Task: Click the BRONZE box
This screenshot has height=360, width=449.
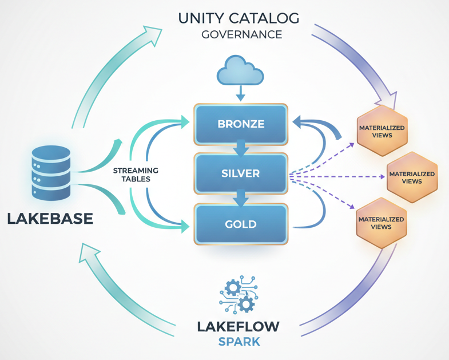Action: coord(240,124)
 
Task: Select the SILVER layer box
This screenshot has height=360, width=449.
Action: coord(240,172)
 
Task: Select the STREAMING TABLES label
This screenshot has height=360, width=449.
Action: coord(136,175)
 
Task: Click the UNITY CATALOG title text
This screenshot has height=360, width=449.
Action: coord(239,18)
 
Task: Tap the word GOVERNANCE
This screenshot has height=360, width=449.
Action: coord(241,34)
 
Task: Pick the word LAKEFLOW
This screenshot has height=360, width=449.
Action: coord(239,327)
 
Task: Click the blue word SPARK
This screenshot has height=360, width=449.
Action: coord(239,342)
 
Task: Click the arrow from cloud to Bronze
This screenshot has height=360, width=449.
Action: coord(240,93)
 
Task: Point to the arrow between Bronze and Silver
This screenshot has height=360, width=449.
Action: coord(241,148)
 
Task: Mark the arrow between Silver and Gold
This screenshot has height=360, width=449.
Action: coord(241,198)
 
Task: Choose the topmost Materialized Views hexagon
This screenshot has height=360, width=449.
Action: coord(382,131)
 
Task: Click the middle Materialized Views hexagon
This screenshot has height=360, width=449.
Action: coord(411,177)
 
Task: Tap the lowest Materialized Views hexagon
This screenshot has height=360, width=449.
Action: coord(381,223)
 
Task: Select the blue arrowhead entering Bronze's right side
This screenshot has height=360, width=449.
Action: coord(298,121)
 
